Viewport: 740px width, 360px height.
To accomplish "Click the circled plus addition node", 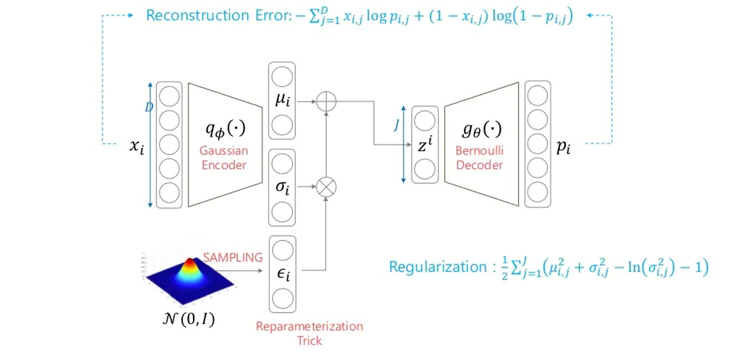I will click(327, 101).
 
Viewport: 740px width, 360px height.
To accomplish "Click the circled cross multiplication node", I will click(327, 187).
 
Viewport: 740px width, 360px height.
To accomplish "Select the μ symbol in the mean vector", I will click(282, 101).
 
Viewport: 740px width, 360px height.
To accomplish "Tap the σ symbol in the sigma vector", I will click(282, 187).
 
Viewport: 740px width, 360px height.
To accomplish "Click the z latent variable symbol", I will click(425, 145).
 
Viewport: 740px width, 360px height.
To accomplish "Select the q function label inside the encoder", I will click(225, 130).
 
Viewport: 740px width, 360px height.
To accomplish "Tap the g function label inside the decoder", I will click(481, 130).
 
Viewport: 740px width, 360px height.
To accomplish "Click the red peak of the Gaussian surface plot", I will click(190, 261).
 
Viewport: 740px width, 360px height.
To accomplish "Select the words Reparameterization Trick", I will click(309, 333).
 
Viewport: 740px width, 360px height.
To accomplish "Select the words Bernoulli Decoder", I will click(481, 158).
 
